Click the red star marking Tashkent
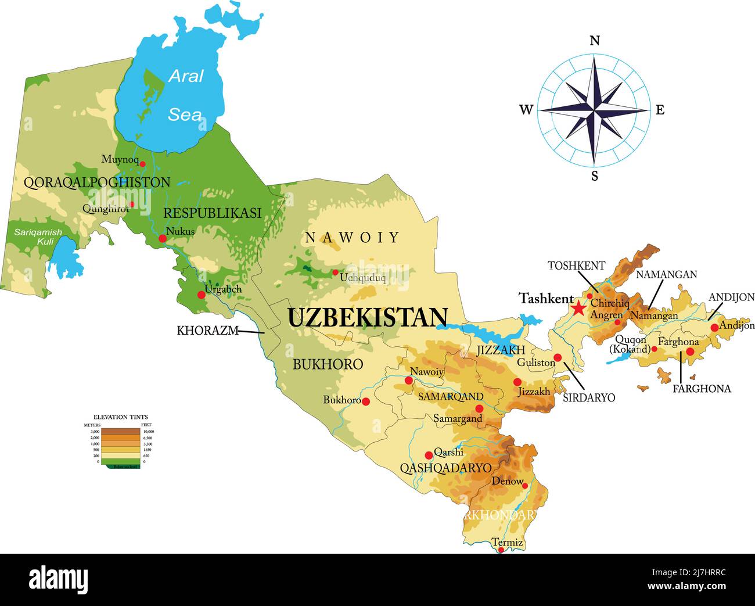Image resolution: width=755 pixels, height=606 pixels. pyautogui.click(x=578, y=308)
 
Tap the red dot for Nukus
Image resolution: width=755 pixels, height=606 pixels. pyautogui.click(x=163, y=239)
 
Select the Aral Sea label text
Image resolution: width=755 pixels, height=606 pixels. pyautogui.click(x=185, y=95)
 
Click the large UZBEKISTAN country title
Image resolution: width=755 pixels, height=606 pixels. pyautogui.click(x=368, y=318)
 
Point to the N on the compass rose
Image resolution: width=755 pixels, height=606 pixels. pyautogui.click(x=594, y=40)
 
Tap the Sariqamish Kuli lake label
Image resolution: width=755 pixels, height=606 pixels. pyautogui.click(x=38, y=236)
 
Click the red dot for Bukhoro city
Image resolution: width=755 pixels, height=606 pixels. pyautogui.click(x=366, y=401)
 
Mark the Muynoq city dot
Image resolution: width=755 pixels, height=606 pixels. pyautogui.click(x=142, y=164)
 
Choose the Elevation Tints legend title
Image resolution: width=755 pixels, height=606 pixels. pyautogui.click(x=121, y=417)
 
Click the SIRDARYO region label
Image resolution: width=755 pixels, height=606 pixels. pyautogui.click(x=589, y=398)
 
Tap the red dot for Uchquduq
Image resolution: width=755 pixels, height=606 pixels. pyautogui.click(x=335, y=272)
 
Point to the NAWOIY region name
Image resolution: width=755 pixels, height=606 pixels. pyautogui.click(x=353, y=237)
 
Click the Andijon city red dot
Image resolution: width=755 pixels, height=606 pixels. pyautogui.click(x=714, y=328)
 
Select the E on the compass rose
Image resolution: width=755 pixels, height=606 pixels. pyautogui.click(x=660, y=110)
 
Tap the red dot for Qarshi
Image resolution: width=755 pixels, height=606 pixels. pyautogui.click(x=429, y=455)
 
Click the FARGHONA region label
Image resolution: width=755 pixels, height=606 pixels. pyautogui.click(x=702, y=389)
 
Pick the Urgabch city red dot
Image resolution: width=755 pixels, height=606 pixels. pyautogui.click(x=202, y=295)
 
